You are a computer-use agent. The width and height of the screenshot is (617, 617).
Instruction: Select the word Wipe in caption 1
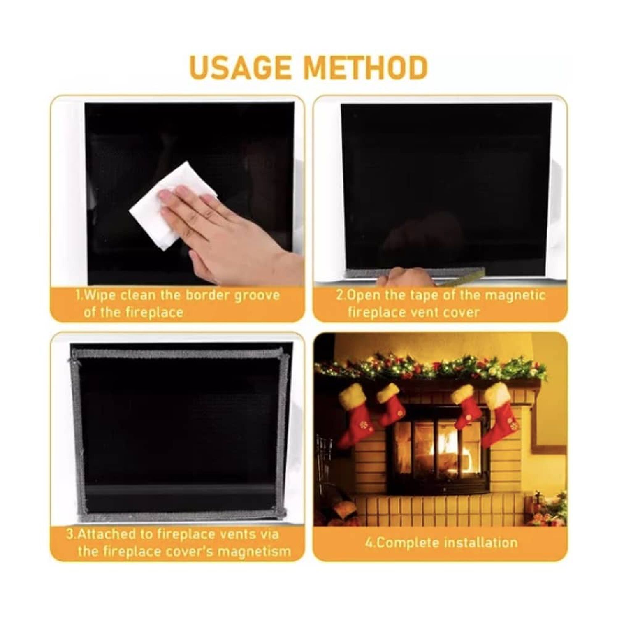point(101,295)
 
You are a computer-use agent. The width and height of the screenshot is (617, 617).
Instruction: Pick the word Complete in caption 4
point(401,543)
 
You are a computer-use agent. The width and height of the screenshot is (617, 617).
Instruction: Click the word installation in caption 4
point(475,543)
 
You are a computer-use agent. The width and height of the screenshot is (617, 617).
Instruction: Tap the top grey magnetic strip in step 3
point(177,353)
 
